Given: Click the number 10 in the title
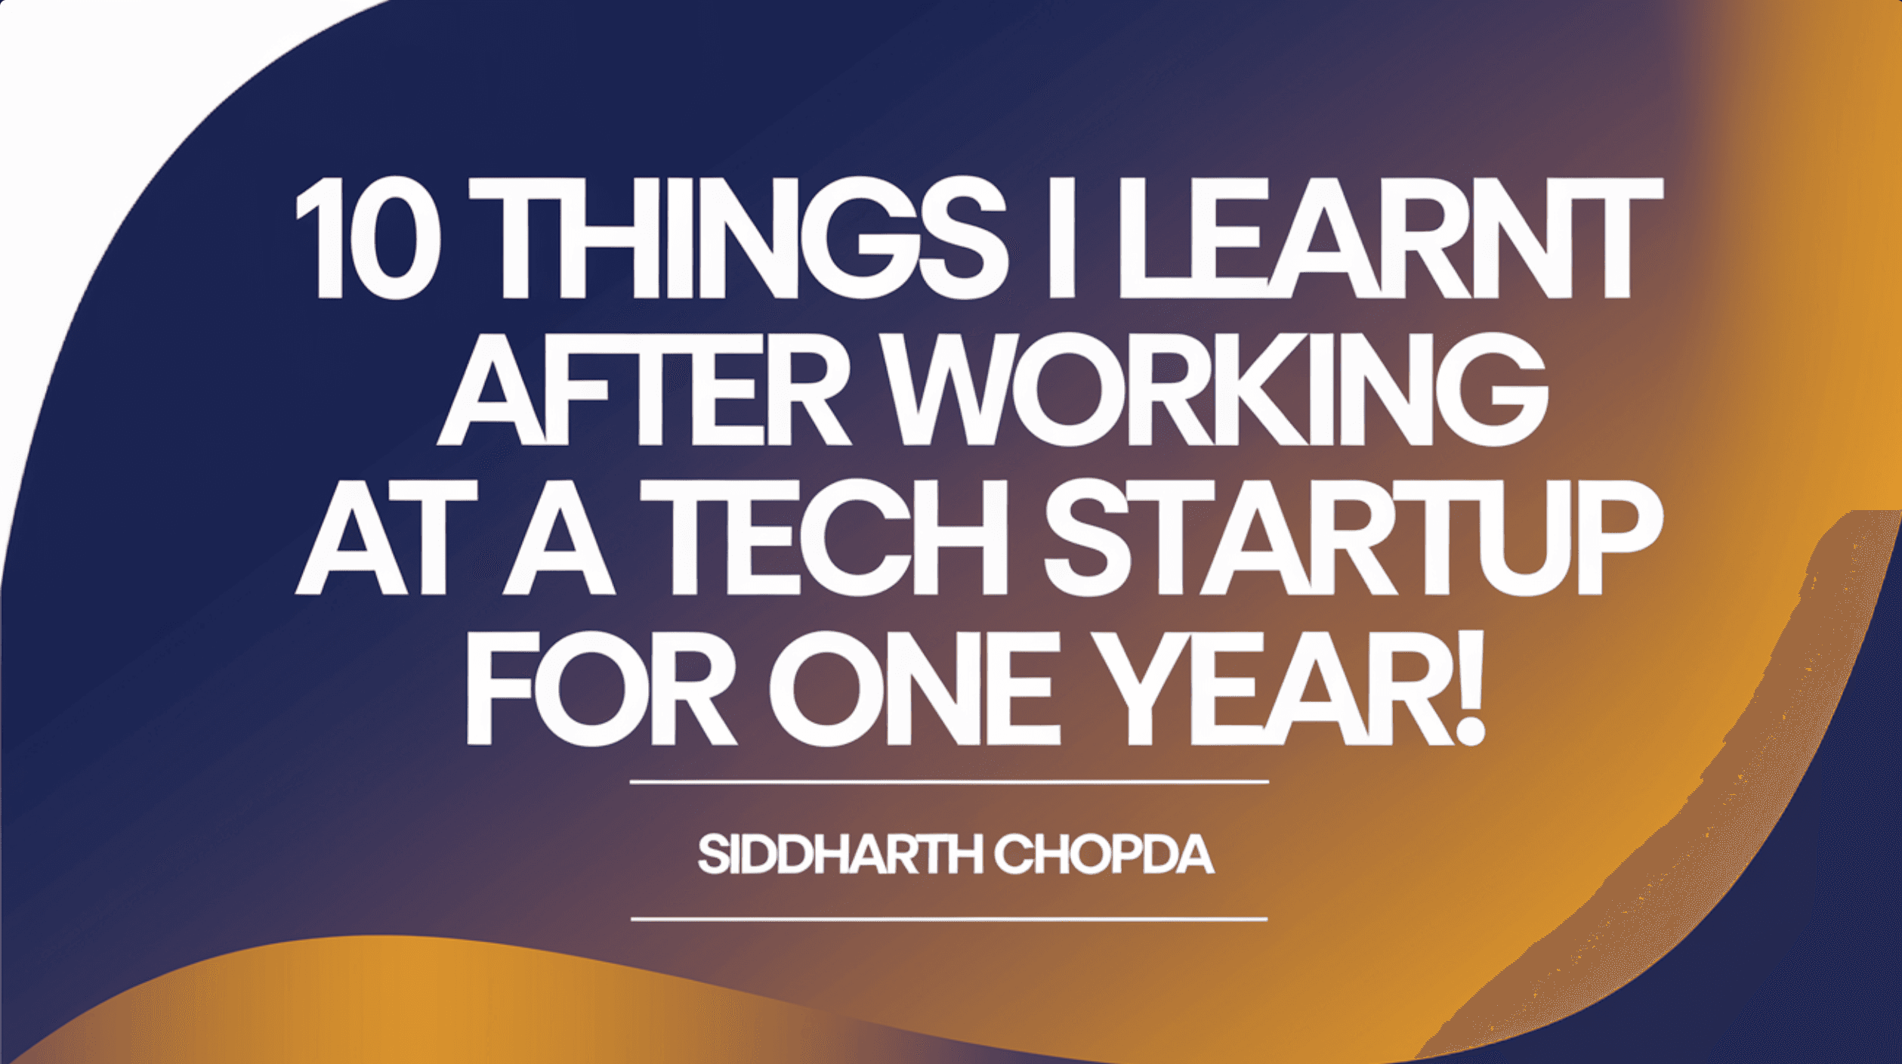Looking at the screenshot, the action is click(x=367, y=239).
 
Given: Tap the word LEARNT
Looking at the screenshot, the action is click(x=1389, y=239).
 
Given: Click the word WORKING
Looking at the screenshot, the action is click(x=1217, y=388).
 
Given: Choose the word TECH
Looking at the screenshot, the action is click(x=823, y=537).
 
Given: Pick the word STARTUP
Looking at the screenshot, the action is click(x=1353, y=537).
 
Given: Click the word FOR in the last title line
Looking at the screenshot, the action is click(x=601, y=688).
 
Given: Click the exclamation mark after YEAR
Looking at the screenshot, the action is click(x=1468, y=688).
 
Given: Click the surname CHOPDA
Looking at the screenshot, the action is click(x=1104, y=855).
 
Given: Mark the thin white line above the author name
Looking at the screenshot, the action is click(x=949, y=782).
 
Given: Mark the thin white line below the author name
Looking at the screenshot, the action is click(x=949, y=920).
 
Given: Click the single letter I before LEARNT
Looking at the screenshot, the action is click(x=1062, y=239).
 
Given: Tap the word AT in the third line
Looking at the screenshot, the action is click(x=386, y=537).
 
